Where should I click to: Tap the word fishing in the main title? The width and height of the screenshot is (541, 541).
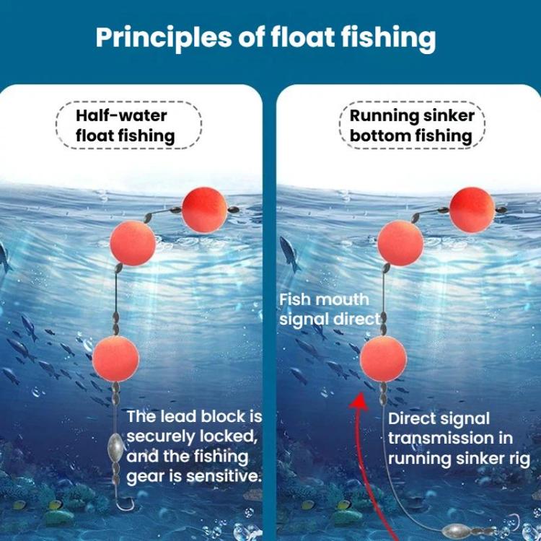(x=392, y=38)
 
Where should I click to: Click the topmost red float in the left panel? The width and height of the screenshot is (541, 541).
(x=204, y=210)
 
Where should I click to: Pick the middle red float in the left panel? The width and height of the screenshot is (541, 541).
(x=133, y=244)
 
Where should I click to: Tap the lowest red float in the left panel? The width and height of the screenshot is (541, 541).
(x=115, y=359)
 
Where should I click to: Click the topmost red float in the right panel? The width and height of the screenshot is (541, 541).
(x=472, y=210)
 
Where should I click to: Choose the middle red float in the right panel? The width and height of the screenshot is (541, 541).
(x=400, y=244)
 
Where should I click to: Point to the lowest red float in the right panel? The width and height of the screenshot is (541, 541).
(x=383, y=359)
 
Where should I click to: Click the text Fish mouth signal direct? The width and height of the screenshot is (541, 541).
(x=329, y=309)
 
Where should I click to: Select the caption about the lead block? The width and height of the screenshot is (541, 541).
(x=193, y=447)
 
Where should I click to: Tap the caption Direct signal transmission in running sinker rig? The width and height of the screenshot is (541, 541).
(x=459, y=438)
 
